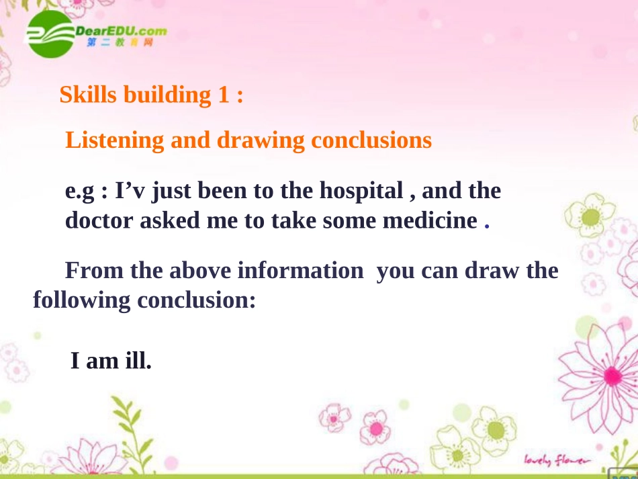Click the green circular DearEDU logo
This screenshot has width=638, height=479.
click(x=50, y=34)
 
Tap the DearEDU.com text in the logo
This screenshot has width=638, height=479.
click(x=122, y=31)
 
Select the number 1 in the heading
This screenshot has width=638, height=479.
click(x=224, y=95)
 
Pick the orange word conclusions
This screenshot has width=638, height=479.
click(x=371, y=140)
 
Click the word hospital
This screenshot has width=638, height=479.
click(x=361, y=191)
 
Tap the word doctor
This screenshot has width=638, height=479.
click(x=99, y=220)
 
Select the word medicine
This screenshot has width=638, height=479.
click(x=430, y=220)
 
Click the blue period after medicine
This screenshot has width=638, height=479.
click(x=487, y=226)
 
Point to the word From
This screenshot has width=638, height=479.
click(x=94, y=270)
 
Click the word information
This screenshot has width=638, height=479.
click(x=300, y=270)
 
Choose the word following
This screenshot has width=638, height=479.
click(x=81, y=301)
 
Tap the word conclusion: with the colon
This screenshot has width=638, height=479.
click(x=197, y=300)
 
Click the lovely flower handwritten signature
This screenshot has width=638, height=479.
click(x=557, y=460)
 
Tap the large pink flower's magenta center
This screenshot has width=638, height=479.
click(x=612, y=376)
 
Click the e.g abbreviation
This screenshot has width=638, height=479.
click(x=80, y=191)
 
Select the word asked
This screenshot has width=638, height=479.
click(x=170, y=220)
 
